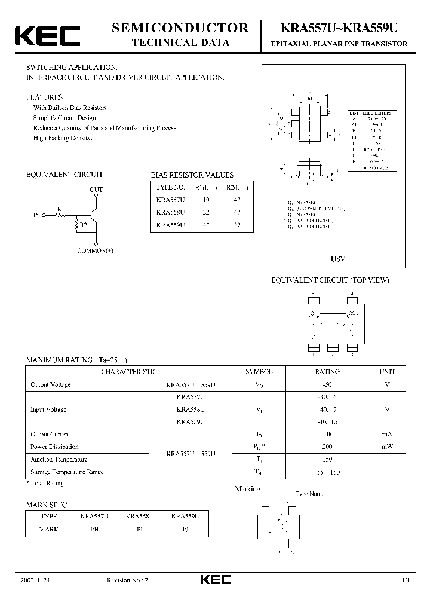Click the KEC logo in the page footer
(215, 580)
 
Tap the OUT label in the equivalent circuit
(96, 190)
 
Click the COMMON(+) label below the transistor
(96, 251)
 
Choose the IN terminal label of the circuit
(37, 214)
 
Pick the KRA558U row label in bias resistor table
(170, 212)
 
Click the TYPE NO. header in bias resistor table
(170, 187)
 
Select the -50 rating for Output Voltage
(327, 384)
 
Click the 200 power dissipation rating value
(327, 447)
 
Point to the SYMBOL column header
(258, 372)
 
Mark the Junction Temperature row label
(59, 459)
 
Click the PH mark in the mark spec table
(94, 529)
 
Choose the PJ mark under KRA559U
(185, 529)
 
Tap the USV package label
(338, 259)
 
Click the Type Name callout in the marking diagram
(310, 494)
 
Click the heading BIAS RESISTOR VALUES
(192, 175)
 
